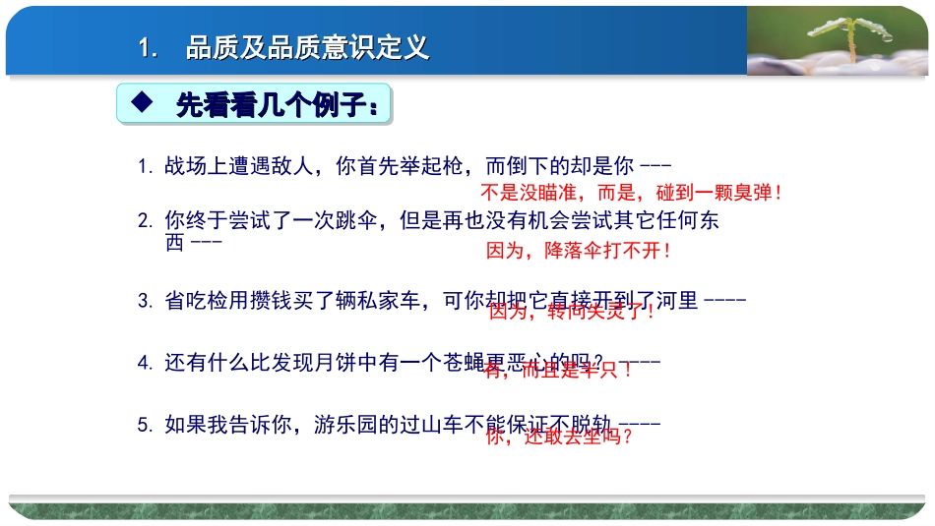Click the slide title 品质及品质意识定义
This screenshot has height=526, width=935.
click(x=307, y=48)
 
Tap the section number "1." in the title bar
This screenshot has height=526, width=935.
click(x=149, y=48)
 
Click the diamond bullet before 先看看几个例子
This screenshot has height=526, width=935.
click(x=142, y=102)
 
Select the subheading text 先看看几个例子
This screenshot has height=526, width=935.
click(x=280, y=104)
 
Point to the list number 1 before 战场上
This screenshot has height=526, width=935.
click(x=144, y=167)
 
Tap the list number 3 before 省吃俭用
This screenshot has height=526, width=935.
click(x=144, y=301)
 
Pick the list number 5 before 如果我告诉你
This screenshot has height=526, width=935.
click(x=144, y=426)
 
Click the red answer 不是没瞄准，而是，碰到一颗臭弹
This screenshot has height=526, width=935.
click(x=631, y=193)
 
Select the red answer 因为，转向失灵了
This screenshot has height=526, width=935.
click(x=572, y=313)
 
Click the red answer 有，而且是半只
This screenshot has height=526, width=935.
click(x=558, y=371)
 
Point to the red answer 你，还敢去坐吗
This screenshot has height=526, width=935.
click(x=560, y=437)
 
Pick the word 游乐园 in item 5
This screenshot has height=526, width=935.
click(x=346, y=425)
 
